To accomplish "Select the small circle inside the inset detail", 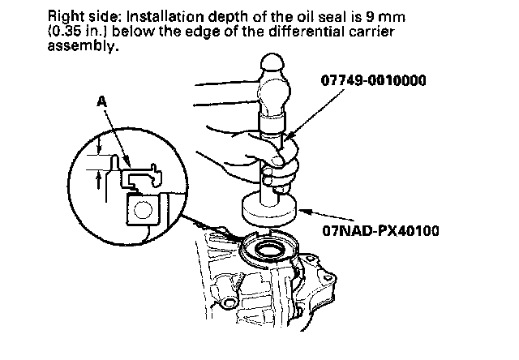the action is click(143, 212).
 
